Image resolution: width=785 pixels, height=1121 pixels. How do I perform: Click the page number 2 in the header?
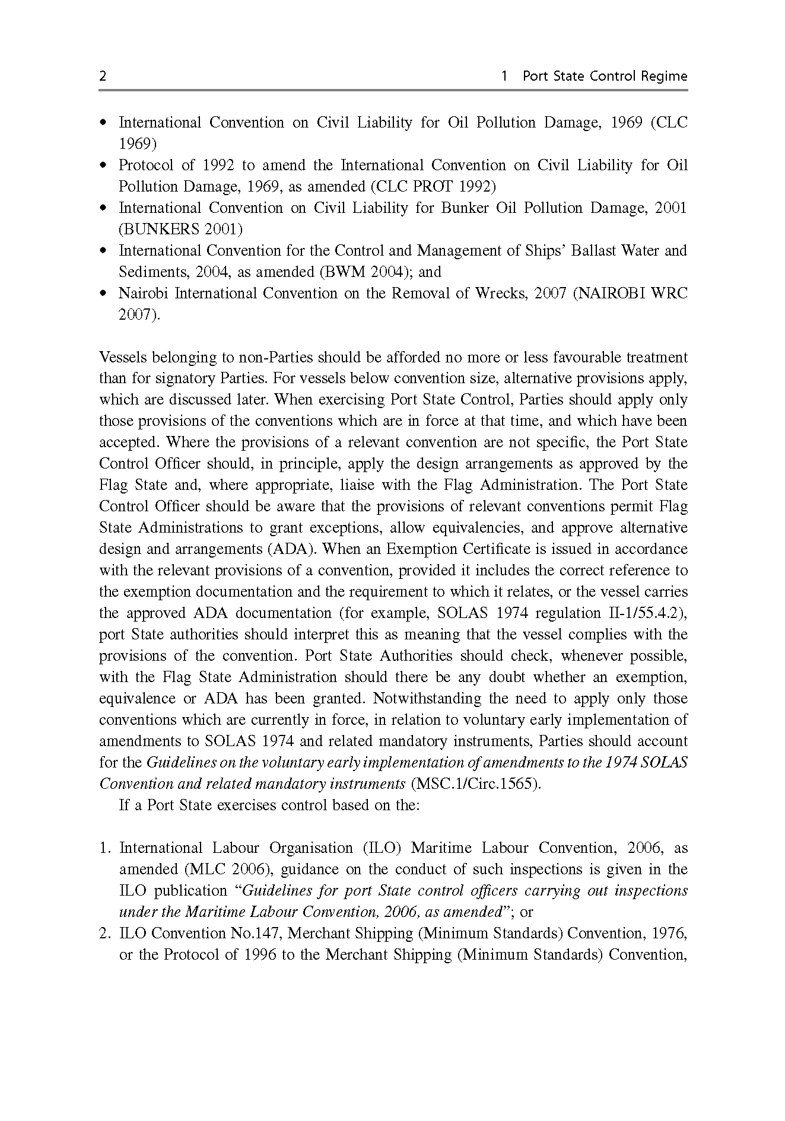point(103,77)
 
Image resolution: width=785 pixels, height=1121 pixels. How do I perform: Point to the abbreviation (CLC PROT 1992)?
point(433,187)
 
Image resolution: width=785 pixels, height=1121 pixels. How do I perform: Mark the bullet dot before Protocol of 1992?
point(104,165)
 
